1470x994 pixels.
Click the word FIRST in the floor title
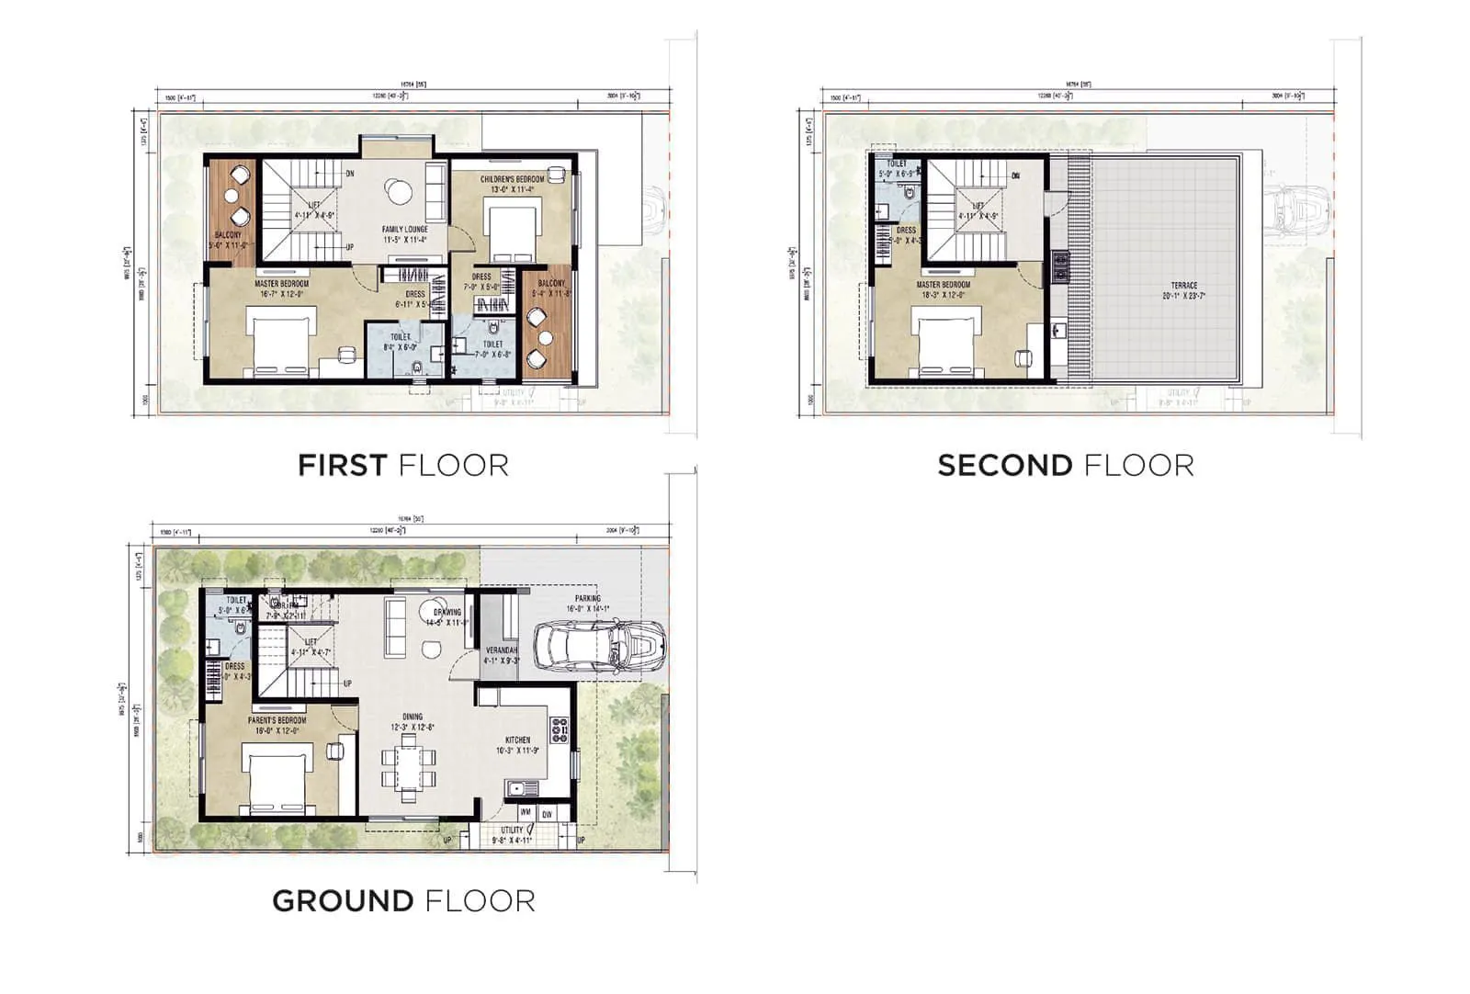click(x=342, y=466)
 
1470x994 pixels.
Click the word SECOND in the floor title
click(x=1004, y=466)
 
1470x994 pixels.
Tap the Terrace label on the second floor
click(x=1184, y=286)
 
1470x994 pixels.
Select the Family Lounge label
click(x=405, y=230)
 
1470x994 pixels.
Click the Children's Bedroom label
click(x=512, y=179)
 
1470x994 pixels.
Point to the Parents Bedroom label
click(x=277, y=721)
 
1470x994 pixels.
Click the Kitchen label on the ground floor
click(x=517, y=740)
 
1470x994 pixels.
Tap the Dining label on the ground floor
click(x=413, y=717)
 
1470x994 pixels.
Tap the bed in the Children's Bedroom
click(x=511, y=233)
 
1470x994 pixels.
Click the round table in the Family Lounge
click(x=399, y=191)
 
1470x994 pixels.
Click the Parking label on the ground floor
click(x=588, y=598)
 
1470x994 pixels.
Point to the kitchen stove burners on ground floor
click(x=559, y=729)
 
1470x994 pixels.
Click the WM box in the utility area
click(x=526, y=812)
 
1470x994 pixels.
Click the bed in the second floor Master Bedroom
click(x=945, y=341)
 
